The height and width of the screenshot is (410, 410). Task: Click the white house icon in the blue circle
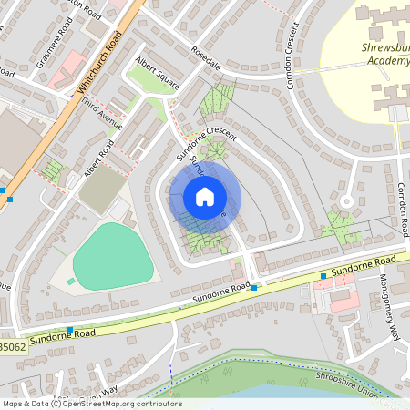pos(205,197)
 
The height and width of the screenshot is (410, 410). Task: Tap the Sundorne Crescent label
pos(209,136)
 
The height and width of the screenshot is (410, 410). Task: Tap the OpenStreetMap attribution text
pos(91,404)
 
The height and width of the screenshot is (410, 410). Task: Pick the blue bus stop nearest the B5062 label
pos(70,330)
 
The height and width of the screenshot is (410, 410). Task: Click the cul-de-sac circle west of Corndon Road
pos(345,200)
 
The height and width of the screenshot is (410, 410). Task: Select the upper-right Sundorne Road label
pos(354,267)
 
